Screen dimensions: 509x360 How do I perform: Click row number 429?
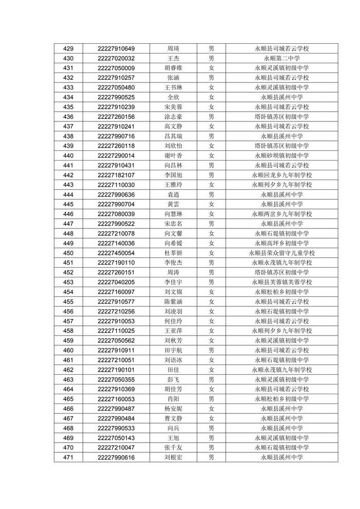(x=68, y=48)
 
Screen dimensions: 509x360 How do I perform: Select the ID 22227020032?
(x=116, y=58)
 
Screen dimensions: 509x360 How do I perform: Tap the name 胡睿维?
(x=173, y=68)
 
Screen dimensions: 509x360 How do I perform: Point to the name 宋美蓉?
(x=173, y=107)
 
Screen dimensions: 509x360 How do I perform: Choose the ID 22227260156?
(x=116, y=117)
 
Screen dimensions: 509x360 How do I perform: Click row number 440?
(x=68, y=155)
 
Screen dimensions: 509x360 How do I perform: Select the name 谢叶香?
(x=173, y=155)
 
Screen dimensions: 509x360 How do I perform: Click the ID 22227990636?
(x=116, y=195)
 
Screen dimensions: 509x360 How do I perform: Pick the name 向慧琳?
(x=173, y=214)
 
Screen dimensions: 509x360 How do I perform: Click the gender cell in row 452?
(x=211, y=272)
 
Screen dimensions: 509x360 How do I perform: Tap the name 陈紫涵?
(x=173, y=302)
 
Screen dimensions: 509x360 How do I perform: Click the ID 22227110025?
(x=116, y=331)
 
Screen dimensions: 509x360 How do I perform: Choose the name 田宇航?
(x=173, y=350)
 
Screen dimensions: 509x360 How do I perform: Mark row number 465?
(x=68, y=399)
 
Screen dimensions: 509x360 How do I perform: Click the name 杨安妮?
(x=173, y=409)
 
